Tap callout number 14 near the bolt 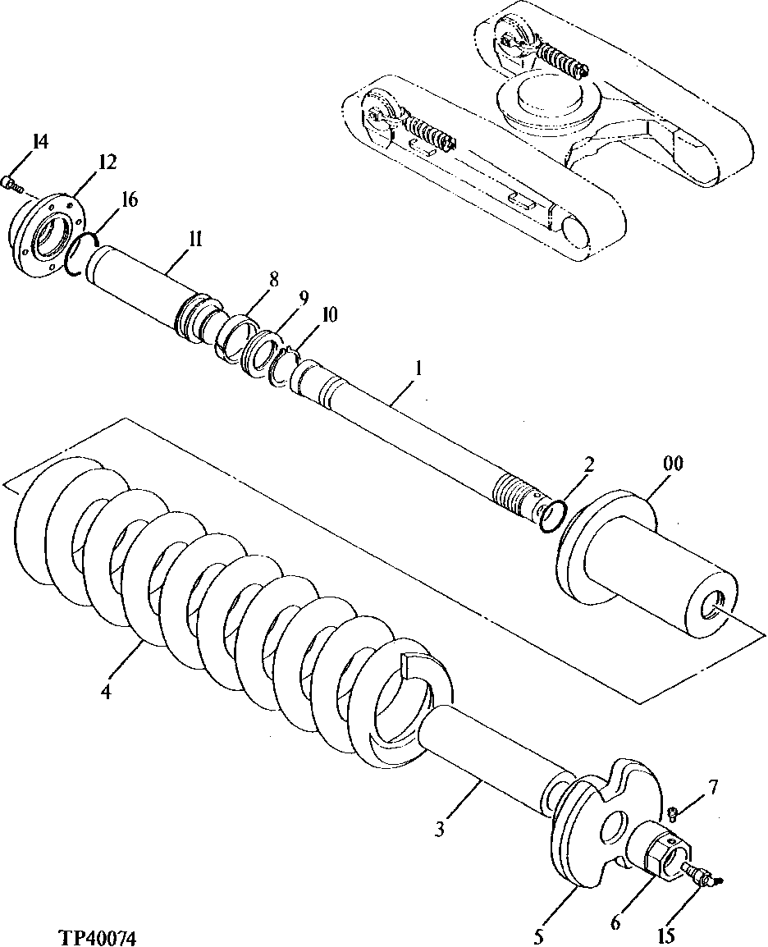[x=39, y=141]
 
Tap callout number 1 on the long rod [x=418, y=370]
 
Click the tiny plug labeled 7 [x=672, y=813]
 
